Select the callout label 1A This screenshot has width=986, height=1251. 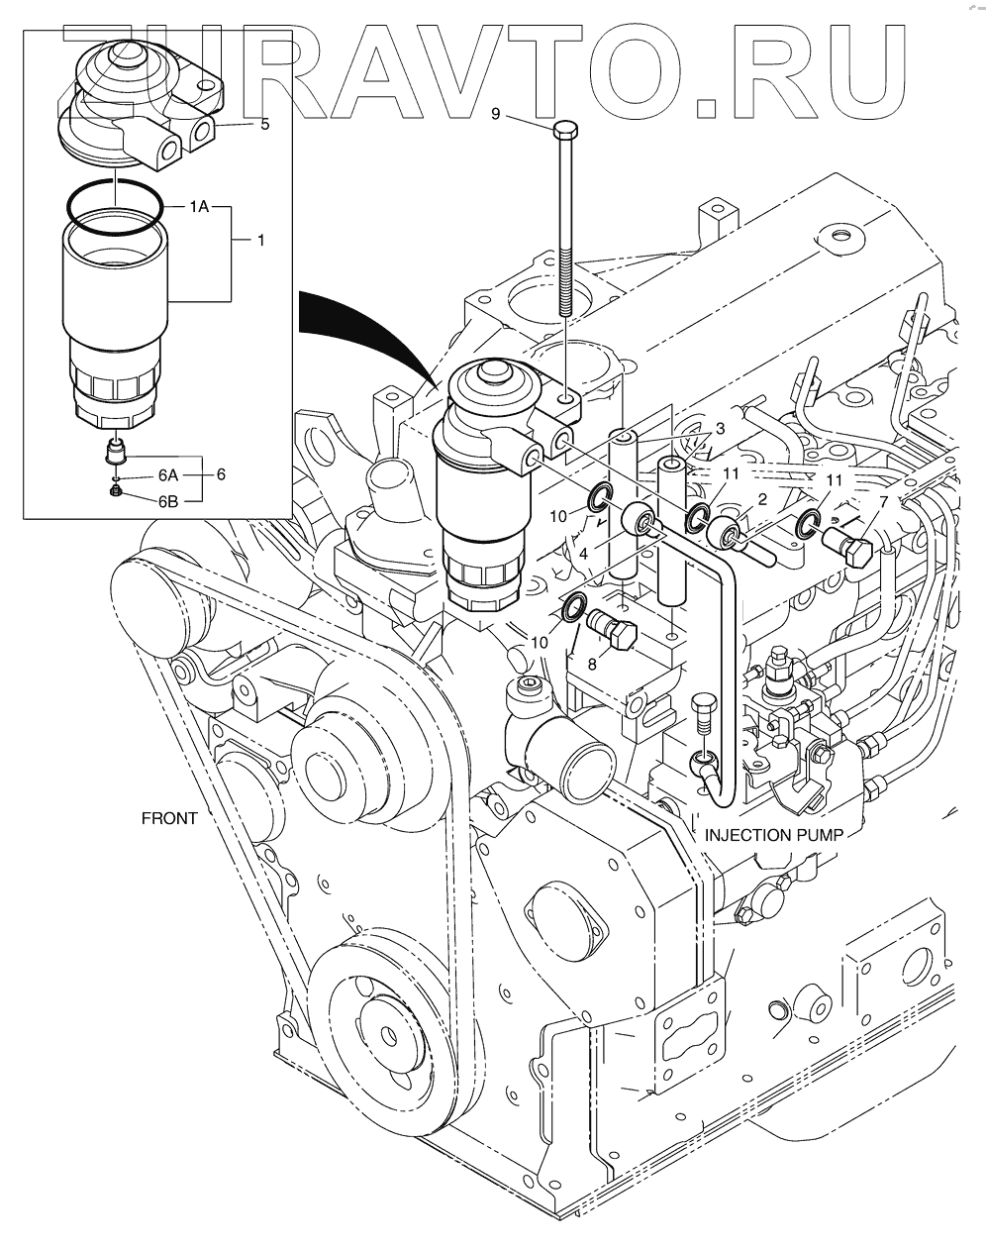[199, 207]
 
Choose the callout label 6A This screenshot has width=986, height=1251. [167, 475]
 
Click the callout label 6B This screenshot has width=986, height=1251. [167, 501]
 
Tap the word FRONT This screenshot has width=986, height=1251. [169, 818]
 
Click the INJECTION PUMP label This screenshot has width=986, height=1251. [773, 835]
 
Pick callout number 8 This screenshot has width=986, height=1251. [592, 665]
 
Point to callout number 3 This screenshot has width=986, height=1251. [721, 427]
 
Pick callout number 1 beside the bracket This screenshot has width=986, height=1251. [260, 240]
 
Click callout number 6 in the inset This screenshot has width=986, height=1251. [221, 475]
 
